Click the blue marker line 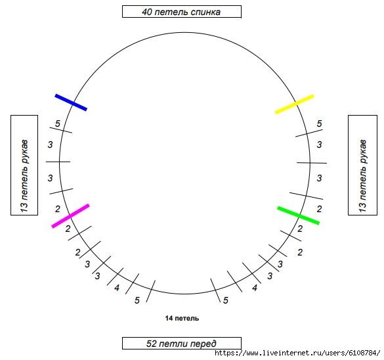click(71, 102)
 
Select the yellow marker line click(294, 104)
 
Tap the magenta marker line click(70, 216)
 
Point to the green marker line click(298, 215)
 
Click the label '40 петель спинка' click(181, 12)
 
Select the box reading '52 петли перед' click(181, 344)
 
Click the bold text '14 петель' click(182, 319)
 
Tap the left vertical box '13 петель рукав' click(24, 165)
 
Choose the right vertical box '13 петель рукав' click(362, 165)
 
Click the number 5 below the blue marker click(58, 124)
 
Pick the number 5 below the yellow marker click(319, 124)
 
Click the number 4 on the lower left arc click(117, 288)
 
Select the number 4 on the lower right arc click(255, 288)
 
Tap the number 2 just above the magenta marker click(58, 209)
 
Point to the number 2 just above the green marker click(319, 209)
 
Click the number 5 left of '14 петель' click(137, 300)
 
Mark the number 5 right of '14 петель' click(226, 300)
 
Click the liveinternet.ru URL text click(297, 353)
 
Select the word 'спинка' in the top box click(205, 12)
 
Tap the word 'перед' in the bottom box click(203, 344)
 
